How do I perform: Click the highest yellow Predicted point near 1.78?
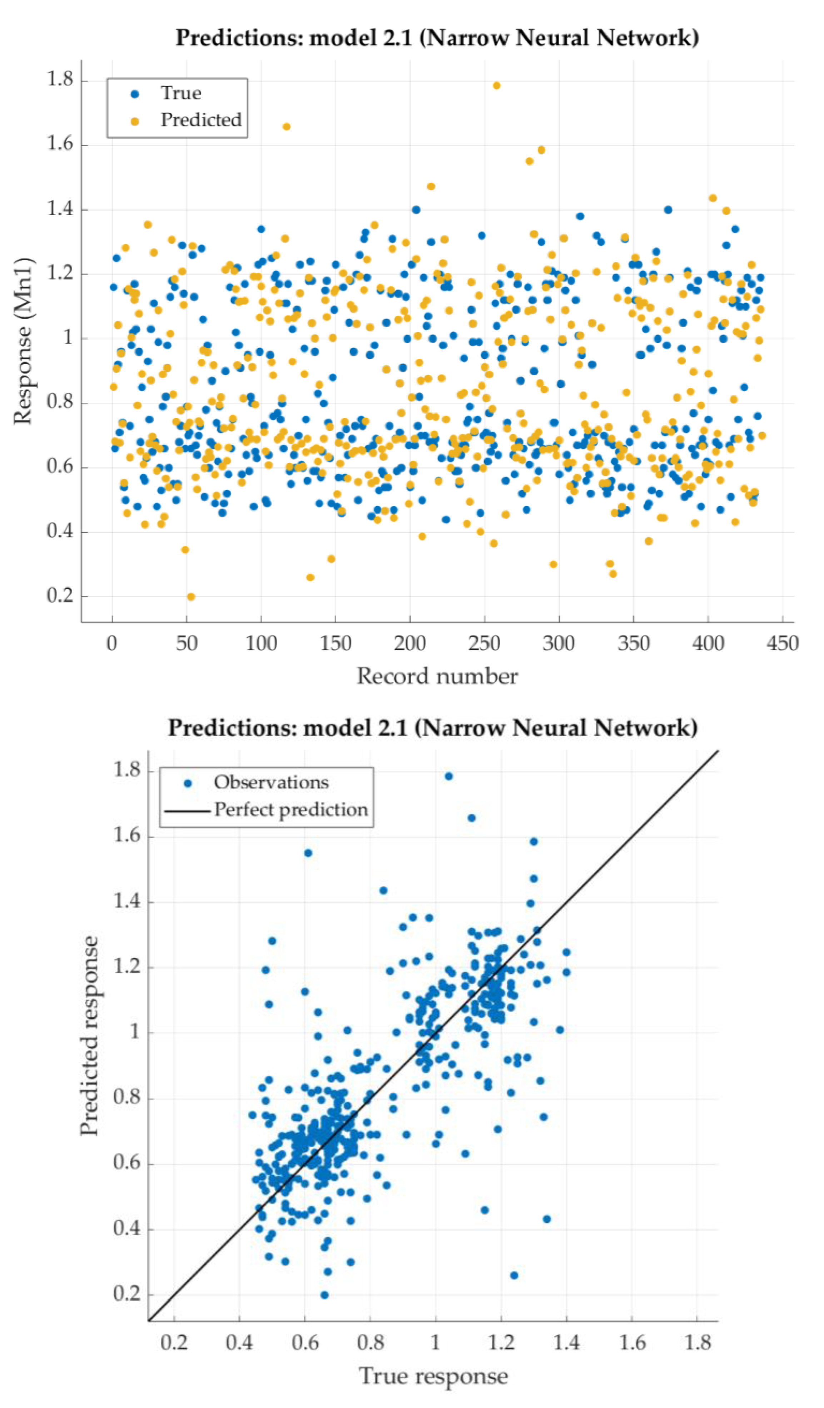coord(496,85)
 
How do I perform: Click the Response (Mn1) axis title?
coord(24,341)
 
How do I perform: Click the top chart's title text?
coord(437,38)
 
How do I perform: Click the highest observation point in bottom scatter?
coord(448,776)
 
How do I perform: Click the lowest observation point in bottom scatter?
coord(324,1295)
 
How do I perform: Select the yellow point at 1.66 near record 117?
coord(286,127)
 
